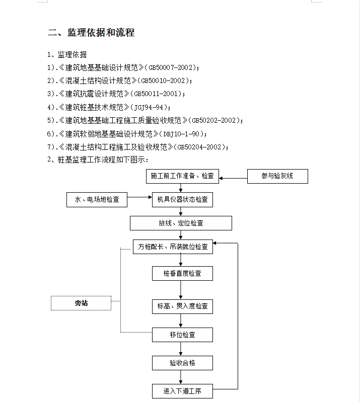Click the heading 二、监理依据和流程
(x=91, y=33)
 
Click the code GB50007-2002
(x=171, y=68)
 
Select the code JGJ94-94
(x=149, y=107)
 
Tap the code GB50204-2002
(x=199, y=147)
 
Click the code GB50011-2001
(x=156, y=94)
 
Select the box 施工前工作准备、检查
(x=182, y=176)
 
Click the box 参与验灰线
(x=277, y=176)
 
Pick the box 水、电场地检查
(x=97, y=200)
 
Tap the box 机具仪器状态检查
(x=182, y=200)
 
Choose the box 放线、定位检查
(x=181, y=223)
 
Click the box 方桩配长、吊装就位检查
(x=173, y=247)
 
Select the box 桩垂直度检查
(x=182, y=273)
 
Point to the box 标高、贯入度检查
(x=182, y=306)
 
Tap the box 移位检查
(x=182, y=335)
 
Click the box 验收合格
(x=182, y=363)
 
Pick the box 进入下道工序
(x=182, y=391)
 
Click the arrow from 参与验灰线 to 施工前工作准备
(x=233, y=178)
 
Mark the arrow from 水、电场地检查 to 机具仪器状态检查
(x=139, y=197)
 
